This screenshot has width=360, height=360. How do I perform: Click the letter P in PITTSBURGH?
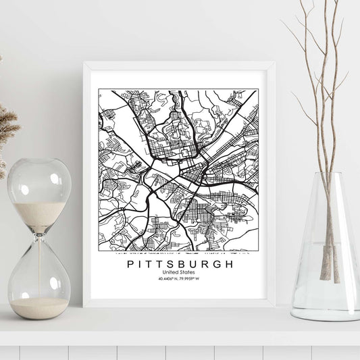tap(130, 264)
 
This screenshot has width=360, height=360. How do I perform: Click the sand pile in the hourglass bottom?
tap(39, 307)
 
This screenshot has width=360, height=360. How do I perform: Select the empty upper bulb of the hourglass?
tap(39, 192)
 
